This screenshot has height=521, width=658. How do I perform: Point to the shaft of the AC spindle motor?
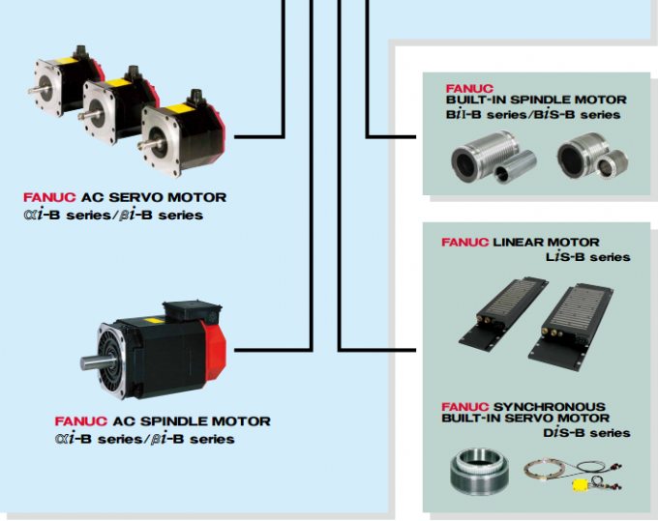point(90,362)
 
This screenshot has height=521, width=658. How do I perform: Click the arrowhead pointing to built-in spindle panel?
point(417,137)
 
